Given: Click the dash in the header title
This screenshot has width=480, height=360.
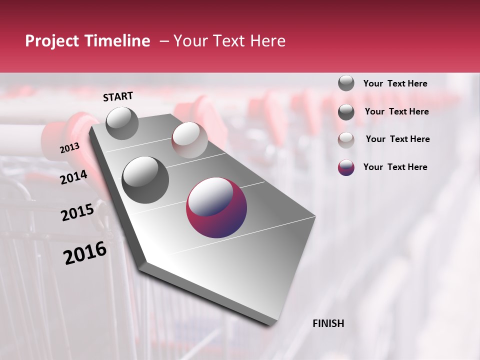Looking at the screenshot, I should click(x=163, y=41).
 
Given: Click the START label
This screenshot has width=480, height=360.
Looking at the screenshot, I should click(x=118, y=96).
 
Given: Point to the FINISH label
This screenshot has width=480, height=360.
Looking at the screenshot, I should click(x=328, y=323).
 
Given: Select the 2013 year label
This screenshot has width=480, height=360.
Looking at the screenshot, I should click(x=70, y=148).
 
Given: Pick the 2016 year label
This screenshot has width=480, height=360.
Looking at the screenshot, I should click(x=85, y=253).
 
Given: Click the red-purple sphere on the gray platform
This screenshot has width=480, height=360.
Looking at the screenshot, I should click(x=216, y=207).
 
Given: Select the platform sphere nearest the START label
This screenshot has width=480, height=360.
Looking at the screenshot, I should click(x=122, y=123).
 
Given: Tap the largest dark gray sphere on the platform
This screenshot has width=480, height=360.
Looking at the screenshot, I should click(x=145, y=179).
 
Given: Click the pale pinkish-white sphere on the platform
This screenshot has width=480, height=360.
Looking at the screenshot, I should click(x=189, y=140).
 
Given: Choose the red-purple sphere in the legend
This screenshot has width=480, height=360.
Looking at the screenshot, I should click(x=346, y=167).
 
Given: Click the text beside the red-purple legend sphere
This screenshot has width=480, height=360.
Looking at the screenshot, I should click(x=395, y=167).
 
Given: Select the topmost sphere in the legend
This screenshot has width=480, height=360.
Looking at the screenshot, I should click(x=346, y=83).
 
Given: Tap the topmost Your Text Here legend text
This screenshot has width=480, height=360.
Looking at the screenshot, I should click(x=395, y=83).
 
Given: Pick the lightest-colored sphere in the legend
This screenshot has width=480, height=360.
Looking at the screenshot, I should click(x=346, y=140).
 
